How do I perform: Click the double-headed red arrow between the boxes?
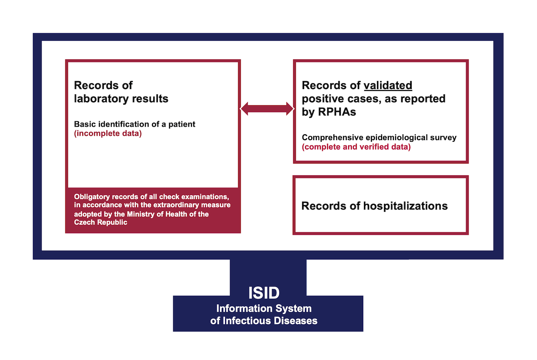tap(267, 109)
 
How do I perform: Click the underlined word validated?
tap(388, 86)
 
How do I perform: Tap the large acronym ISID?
tap(264, 293)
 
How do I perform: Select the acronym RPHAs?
tap(337, 112)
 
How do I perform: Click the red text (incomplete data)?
tap(108, 133)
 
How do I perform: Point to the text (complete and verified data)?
tap(356, 147)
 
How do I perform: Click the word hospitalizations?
tap(405, 206)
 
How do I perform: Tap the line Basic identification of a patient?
tap(135, 124)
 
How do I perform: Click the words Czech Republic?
tap(100, 223)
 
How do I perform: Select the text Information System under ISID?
tap(264, 309)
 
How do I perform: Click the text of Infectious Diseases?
tap(264, 321)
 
